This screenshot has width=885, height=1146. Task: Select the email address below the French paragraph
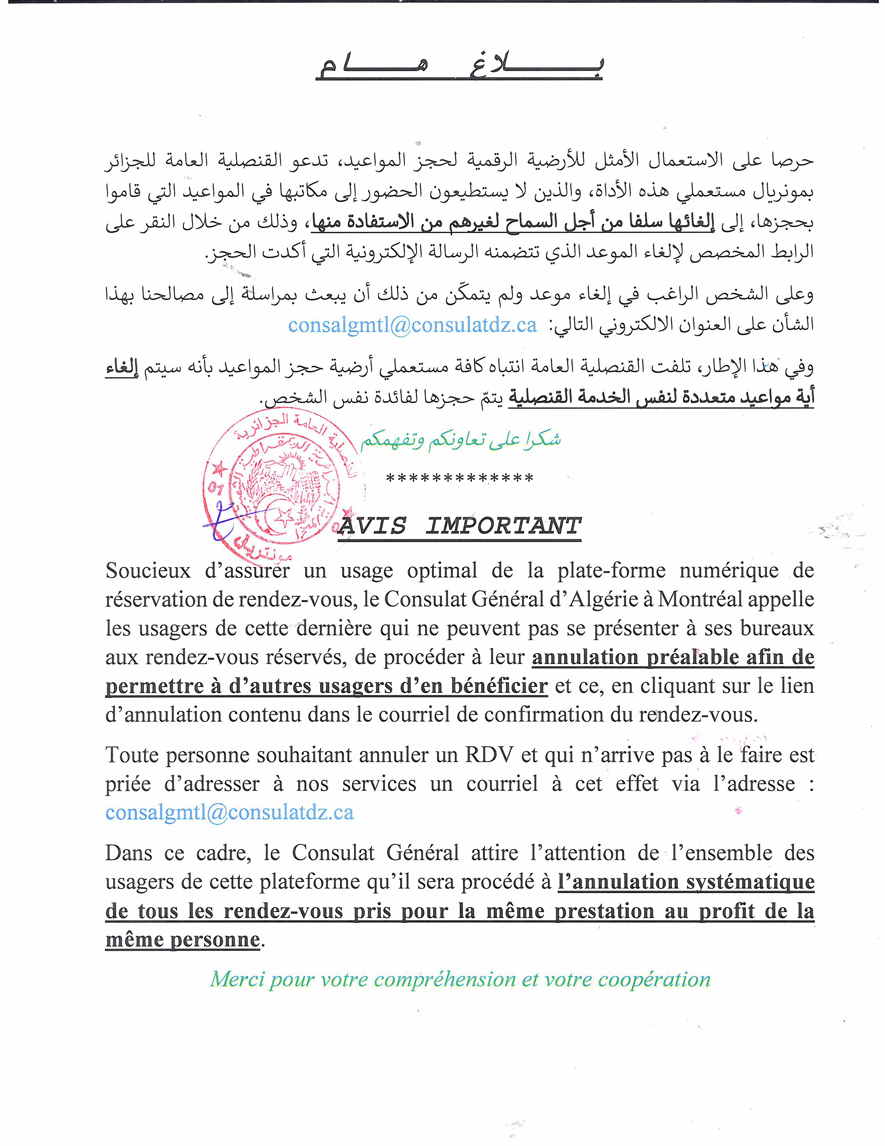click(x=229, y=812)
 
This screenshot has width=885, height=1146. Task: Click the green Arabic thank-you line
click(x=460, y=440)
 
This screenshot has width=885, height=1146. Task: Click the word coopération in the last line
click(x=654, y=980)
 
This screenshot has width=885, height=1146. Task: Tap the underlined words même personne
click(x=183, y=939)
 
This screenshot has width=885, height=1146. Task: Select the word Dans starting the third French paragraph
click(x=128, y=853)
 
